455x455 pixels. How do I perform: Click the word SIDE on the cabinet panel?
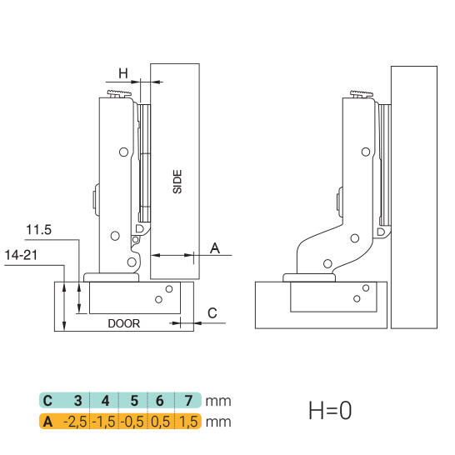[177, 182]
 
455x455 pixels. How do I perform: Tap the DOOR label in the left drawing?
[124, 323]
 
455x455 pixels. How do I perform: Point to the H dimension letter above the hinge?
[123, 73]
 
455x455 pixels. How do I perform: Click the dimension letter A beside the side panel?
[215, 248]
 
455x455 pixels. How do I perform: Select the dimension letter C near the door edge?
[212, 313]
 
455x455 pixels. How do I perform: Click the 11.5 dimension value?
[39, 230]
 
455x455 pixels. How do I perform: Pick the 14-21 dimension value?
[21, 255]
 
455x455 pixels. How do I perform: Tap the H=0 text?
[330, 410]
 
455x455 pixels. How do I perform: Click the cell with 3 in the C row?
[77, 401]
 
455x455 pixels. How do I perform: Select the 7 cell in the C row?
[188, 401]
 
